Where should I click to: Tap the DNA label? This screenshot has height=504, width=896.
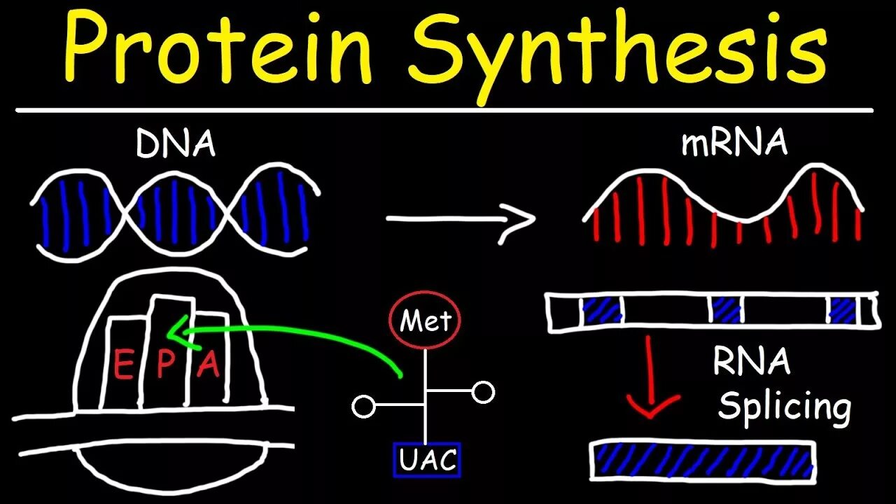pos(176,145)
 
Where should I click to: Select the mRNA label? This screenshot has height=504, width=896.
pos(734,143)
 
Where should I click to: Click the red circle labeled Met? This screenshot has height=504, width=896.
pos(426,322)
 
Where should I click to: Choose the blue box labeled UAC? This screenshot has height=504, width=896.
pos(427,460)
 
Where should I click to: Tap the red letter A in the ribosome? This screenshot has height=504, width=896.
pos(208,365)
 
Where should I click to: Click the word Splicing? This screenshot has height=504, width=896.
pos(784,407)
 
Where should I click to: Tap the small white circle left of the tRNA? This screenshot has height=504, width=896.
pos(363,406)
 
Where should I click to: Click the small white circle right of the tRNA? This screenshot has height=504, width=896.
pos(483,393)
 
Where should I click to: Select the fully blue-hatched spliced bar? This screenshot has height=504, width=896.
pos(703,460)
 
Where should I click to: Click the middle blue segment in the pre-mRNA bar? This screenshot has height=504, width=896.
pos(726,310)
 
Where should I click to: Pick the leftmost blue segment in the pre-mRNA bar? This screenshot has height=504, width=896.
pos(602,310)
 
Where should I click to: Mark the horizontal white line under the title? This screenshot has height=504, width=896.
pos(445,110)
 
